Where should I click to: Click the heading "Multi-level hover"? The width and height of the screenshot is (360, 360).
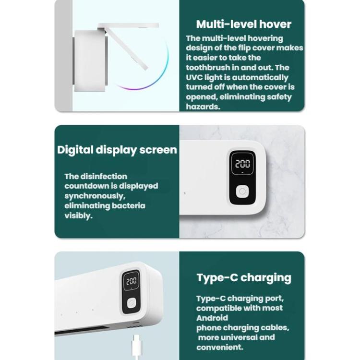243,24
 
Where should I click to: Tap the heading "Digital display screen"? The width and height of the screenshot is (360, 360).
117,150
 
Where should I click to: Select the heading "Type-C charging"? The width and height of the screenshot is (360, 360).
244,278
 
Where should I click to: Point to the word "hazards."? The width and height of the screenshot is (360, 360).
203,107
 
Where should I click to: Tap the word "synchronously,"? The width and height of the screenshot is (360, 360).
95,196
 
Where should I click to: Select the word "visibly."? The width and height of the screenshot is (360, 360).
79,216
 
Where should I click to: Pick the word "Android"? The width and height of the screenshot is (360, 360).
212,318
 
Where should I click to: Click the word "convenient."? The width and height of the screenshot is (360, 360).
220,347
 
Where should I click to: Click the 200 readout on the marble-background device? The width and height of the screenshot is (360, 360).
242,164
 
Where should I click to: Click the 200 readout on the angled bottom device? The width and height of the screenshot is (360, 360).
132,281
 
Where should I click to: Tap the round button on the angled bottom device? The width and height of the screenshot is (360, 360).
132,303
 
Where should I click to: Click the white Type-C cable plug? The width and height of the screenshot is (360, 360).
136,347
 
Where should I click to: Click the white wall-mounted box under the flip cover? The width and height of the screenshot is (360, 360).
90,60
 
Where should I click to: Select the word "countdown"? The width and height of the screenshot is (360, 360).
86,186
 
